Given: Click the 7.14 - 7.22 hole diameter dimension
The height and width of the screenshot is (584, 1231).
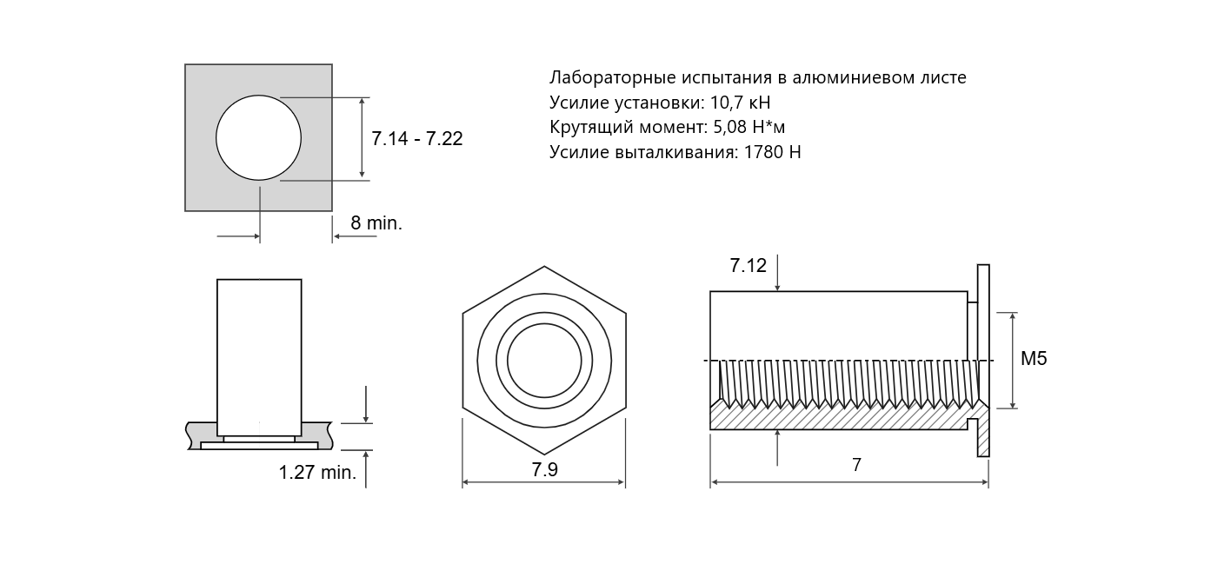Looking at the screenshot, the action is click(417, 138).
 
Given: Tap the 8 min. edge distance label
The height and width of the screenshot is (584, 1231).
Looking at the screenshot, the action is click(376, 222).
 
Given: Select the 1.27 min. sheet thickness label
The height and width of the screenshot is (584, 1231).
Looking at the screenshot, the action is click(317, 472).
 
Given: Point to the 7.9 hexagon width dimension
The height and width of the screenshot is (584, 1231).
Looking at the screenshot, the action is click(544, 469).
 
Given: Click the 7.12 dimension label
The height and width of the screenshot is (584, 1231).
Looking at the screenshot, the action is click(748, 265).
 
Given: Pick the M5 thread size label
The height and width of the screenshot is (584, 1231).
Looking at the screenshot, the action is click(1034, 358).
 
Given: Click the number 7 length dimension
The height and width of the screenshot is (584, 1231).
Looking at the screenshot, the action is click(856, 465).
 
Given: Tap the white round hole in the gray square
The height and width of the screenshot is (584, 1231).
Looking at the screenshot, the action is click(258, 137).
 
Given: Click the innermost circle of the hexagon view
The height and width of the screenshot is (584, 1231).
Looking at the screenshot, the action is click(544, 361).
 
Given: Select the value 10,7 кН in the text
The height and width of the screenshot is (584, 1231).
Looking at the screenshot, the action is click(740, 103).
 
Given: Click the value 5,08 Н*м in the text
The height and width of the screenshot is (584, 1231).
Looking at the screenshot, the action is click(749, 127).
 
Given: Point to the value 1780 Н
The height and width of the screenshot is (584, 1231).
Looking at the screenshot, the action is click(772, 151).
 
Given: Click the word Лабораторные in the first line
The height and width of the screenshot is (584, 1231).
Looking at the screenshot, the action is click(613, 77).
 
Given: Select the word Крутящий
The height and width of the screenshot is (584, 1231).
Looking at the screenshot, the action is click(591, 128).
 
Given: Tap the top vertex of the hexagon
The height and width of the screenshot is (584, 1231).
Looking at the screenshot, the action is click(544, 267).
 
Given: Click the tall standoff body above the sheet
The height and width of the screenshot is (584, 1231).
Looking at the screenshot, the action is click(259, 357).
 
